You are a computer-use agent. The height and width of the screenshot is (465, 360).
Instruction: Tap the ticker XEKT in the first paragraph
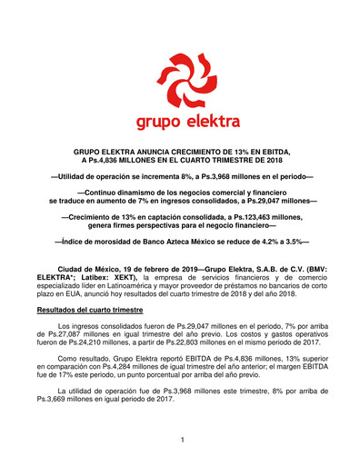[118, 280]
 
